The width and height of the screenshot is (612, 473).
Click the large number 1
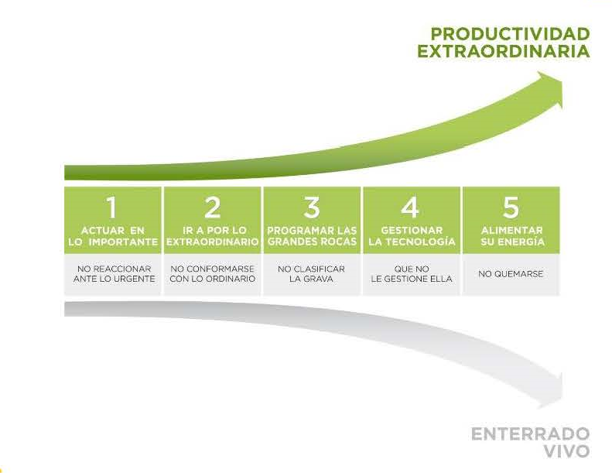click(112, 207)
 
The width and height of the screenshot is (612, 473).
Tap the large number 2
click(212, 207)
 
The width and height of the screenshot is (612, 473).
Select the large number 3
click(312, 207)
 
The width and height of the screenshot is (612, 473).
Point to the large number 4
click(411, 207)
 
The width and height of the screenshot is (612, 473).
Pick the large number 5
click(511, 207)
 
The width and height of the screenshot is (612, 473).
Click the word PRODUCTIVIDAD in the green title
click(510, 34)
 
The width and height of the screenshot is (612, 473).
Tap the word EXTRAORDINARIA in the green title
click(504, 51)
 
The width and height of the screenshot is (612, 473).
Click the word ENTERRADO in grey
click(531, 434)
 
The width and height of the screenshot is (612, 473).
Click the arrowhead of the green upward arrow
click(550, 89)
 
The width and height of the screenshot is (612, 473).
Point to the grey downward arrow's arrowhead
click(551, 391)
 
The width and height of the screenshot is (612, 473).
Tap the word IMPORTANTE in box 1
click(123, 242)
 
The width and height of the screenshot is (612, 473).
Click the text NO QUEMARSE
click(511, 274)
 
